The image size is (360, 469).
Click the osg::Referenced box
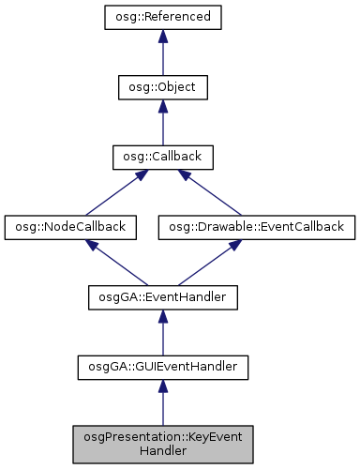(162, 17)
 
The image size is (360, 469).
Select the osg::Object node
(162, 87)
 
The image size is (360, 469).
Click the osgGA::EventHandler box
(162, 297)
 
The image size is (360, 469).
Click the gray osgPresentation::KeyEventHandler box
(162, 444)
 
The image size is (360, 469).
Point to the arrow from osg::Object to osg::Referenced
(162, 53)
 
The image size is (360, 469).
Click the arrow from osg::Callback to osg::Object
(162, 122)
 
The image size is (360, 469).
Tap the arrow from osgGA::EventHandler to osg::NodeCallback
(116, 263)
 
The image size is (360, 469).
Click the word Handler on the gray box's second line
(162, 451)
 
